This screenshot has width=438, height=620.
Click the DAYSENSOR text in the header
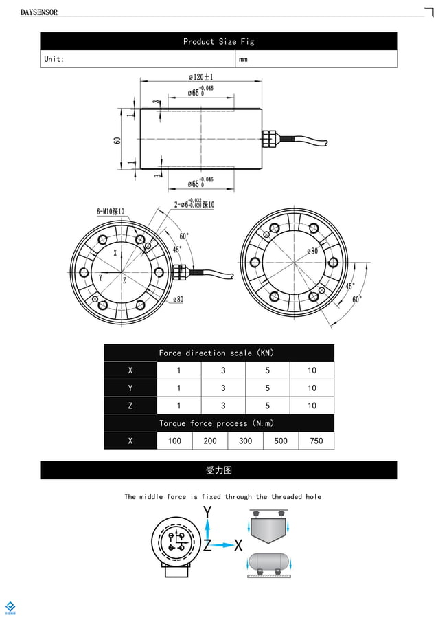(39, 12)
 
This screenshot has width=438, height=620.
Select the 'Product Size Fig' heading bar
(218, 41)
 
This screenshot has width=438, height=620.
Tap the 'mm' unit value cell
(243, 59)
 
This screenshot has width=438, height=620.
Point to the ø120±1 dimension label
(200, 77)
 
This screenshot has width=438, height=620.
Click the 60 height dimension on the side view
(117, 140)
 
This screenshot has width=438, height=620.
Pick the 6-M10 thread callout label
(111, 212)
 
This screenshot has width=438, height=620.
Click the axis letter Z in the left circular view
(124, 280)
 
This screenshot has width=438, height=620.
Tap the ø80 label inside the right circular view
(312, 251)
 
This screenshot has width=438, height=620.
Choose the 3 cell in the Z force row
(223, 406)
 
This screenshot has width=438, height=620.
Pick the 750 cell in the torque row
(316, 441)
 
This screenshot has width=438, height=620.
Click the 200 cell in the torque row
(210, 441)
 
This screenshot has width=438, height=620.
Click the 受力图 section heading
(218, 470)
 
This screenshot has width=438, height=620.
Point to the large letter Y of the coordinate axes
(207, 511)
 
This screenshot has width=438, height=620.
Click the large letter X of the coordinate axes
(238, 546)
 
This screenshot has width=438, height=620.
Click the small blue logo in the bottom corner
(10, 607)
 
